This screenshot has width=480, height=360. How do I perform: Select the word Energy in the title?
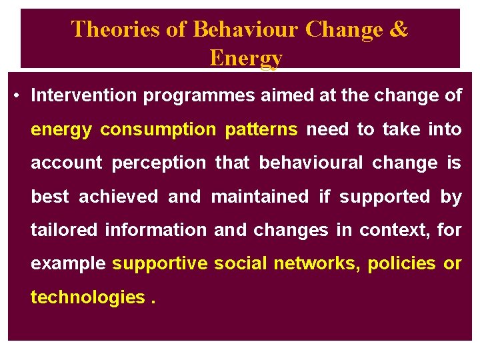(245, 58)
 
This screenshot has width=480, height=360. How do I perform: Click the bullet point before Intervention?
(16, 95)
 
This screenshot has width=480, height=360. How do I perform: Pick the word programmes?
(199, 96)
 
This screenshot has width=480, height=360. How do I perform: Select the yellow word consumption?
(157, 129)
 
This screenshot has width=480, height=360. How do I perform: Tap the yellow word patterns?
(261, 129)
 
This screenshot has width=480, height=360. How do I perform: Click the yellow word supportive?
(160, 263)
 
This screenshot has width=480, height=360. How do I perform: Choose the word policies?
(401, 263)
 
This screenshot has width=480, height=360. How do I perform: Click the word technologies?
(87, 297)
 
